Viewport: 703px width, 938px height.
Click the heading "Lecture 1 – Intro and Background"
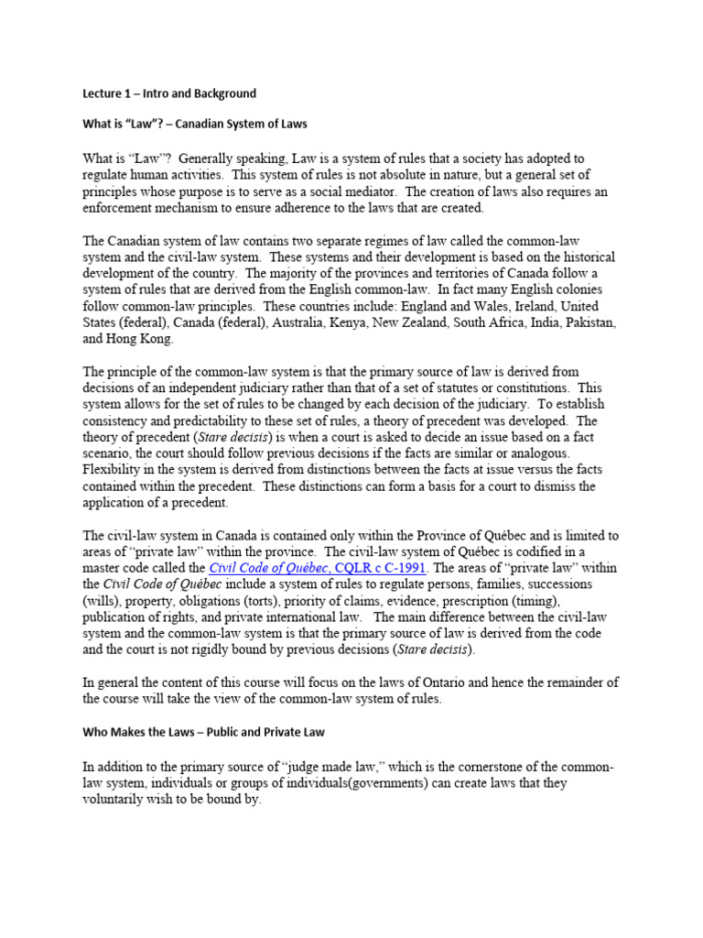169,93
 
